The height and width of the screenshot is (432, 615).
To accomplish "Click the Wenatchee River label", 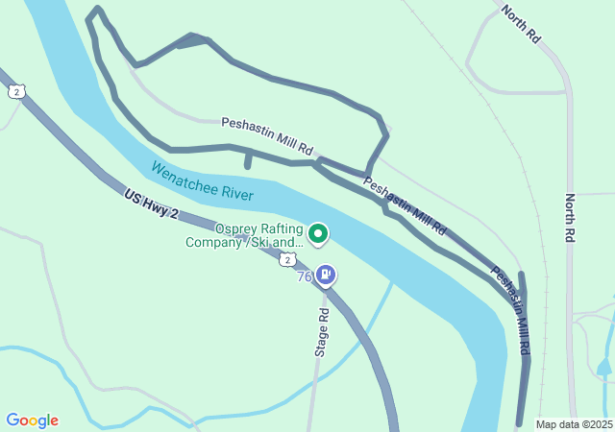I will (202, 181).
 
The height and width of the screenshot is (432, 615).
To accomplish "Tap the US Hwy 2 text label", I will (151, 204).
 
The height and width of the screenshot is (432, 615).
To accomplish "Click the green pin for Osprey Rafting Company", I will (317, 233).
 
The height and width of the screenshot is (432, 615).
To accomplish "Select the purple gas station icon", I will (327, 276).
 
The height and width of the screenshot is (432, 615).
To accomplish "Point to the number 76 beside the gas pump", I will (305, 276).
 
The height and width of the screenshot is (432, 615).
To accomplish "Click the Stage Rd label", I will (323, 331).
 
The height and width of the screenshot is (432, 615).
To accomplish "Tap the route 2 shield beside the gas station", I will (286, 260).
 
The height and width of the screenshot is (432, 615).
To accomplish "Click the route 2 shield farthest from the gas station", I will (16, 90).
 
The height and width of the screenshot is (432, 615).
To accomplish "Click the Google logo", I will (32, 420).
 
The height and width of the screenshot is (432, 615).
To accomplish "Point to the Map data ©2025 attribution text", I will (574, 424).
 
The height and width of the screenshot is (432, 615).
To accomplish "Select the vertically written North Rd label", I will (570, 218).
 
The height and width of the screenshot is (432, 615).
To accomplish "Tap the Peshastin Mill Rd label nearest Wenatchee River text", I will (267, 137).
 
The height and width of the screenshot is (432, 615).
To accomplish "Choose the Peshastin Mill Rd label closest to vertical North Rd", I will (509, 310).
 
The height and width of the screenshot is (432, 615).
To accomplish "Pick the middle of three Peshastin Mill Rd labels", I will (405, 205).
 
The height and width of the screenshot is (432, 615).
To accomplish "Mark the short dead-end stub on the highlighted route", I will (248, 159).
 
